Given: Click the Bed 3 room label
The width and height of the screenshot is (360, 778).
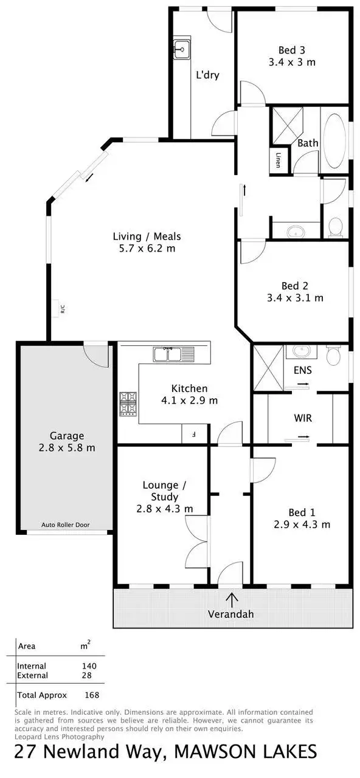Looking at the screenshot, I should [x=292, y=50].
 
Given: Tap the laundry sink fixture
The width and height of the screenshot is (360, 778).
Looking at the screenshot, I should [x=181, y=49].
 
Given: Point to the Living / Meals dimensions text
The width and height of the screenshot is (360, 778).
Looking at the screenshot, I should [x=147, y=249].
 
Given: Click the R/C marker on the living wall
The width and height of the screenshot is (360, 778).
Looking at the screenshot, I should [x=63, y=309].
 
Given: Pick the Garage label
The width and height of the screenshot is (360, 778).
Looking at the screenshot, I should [x=67, y=435].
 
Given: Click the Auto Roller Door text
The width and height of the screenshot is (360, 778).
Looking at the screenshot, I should [x=66, y=524].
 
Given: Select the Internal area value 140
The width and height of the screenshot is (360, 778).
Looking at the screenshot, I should [x=89, y=666].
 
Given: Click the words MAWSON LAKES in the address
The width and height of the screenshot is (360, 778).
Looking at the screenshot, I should [x=245, y=752].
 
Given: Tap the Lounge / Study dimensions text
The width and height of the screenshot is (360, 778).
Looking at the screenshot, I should [x=165, y=509].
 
